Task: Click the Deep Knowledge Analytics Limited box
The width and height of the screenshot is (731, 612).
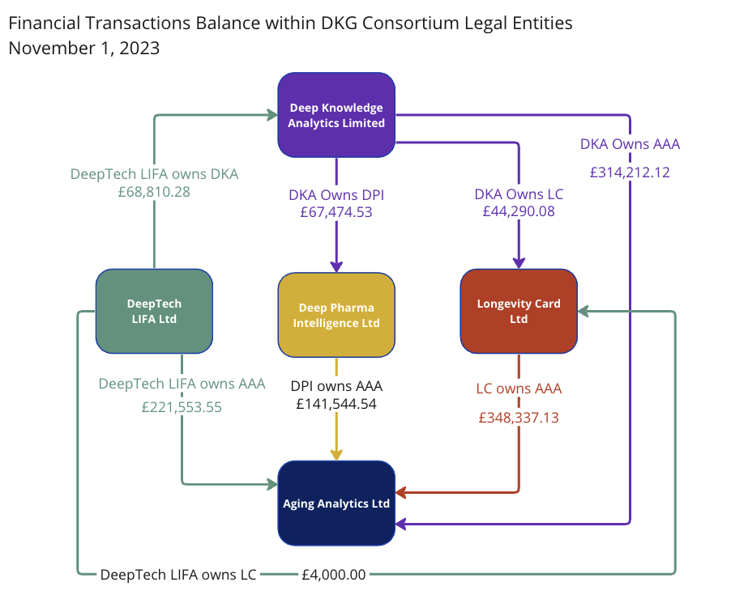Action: pos(336,115)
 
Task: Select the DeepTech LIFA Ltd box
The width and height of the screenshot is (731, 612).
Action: pos(154,311)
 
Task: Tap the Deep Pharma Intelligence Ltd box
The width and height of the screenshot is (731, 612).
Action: pos(336,315)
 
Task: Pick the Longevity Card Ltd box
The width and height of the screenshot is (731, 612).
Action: pos(519,311)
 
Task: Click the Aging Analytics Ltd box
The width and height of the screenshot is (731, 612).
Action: pos(336,503)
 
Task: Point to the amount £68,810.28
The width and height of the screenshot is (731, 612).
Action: pos(154,192)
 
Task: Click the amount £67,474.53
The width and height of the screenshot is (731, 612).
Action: pos(336,213)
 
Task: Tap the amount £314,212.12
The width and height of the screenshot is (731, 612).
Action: pos(630,172)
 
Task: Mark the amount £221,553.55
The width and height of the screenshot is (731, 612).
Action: pos(182,407)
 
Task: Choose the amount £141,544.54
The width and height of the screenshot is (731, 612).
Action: pos(336,403)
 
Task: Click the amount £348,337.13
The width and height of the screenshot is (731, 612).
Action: pos(519,418)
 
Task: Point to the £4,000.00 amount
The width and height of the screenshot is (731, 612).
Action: pos(334,575)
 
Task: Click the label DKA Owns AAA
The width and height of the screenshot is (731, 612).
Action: pos(630,144)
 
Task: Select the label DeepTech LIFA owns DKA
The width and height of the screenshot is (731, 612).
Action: pos(154,173)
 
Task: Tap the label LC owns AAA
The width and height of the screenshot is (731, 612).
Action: pos(519,389)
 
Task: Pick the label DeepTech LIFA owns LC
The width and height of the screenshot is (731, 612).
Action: pos(178,575)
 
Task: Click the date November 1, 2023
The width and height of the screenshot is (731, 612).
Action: pos(83,48)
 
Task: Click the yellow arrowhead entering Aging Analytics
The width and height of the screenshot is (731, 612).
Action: pos(336,454)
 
